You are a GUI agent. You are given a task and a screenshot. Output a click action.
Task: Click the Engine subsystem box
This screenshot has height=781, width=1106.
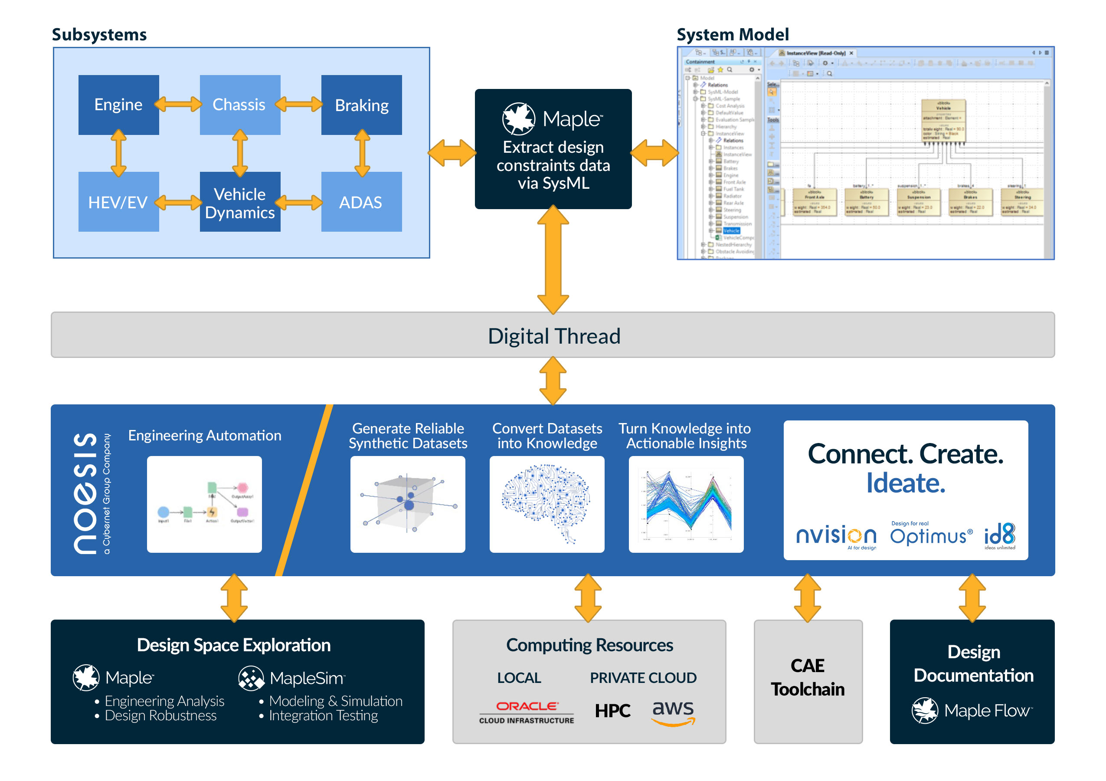click(x=118, y=105)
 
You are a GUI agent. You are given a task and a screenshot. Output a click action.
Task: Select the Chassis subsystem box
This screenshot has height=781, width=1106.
click(x=239, y=105)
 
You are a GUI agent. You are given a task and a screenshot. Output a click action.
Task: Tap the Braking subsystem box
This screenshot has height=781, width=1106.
click(x=361, y=105)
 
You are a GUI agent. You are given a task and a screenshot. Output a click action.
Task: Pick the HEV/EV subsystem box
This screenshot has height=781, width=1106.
click(x=118, y=202)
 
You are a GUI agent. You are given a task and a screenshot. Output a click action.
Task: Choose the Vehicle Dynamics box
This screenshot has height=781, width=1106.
click(x=239, y=202)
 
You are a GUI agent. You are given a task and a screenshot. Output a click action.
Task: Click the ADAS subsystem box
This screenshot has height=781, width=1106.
click(x=361, y=202)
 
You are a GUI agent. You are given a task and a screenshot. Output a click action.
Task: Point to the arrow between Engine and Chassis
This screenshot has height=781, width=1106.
click(x=178, y=104)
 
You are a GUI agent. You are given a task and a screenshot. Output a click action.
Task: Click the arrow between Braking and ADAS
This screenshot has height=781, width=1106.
click(x=362, y=153)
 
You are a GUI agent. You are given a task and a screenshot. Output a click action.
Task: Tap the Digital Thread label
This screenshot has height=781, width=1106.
click(x=553, y=336)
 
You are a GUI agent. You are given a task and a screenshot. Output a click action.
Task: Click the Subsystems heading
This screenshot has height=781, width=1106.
click(x=99, y=35)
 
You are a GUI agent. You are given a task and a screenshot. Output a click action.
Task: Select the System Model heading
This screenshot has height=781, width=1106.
click(x=732, y=35)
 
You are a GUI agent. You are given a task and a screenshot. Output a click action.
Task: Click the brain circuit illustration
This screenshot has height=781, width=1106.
click(x=547, y=503)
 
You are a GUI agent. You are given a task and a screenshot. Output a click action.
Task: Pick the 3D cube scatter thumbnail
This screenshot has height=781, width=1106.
click(x=408, y=503)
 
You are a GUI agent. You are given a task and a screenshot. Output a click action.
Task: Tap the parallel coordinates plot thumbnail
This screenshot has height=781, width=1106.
click(x=686, y=503)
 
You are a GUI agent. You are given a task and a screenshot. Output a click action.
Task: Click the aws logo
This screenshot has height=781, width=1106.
click(x=673, y=712)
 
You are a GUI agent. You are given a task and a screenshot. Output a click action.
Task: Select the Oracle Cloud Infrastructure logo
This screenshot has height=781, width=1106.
click(x=527, y=712)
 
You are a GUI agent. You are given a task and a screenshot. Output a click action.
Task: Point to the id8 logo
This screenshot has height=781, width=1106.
click(x=1000, y=535)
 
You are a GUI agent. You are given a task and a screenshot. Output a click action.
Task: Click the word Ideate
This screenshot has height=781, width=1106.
click(x=906, y=483)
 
